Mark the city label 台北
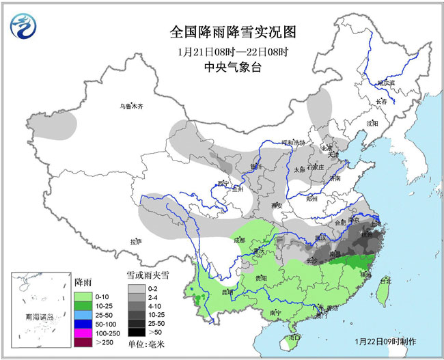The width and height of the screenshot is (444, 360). tap(385, 279)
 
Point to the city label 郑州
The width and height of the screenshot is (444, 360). tap(313, 199)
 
